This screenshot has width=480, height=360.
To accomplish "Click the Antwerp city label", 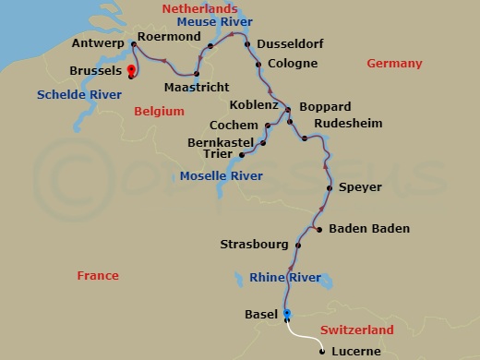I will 99,43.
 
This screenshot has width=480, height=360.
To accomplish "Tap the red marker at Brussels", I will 131,69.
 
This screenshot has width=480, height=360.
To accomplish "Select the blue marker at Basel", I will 286,314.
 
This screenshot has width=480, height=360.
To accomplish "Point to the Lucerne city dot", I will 321,351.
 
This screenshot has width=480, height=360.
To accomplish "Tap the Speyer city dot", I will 330,187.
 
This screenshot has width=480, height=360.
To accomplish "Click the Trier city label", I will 222,155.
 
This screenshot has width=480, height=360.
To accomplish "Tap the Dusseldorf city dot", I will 246,43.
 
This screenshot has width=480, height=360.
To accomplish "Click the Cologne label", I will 292,64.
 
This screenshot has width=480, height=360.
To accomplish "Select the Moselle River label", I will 221,174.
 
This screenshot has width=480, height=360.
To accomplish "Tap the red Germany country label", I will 394,64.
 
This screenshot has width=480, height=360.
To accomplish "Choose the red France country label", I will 98,275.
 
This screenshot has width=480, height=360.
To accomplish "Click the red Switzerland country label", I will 356,330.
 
